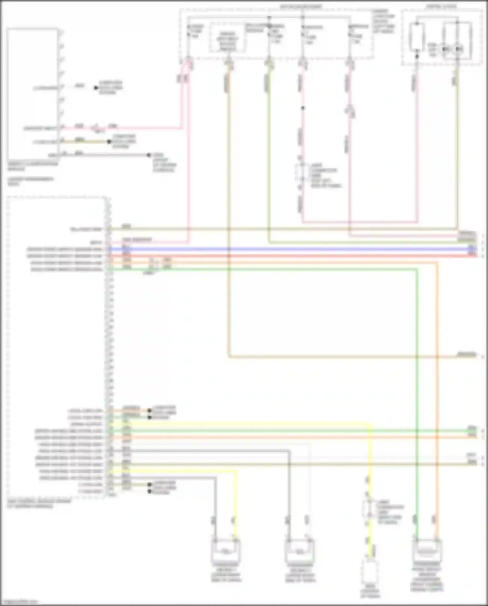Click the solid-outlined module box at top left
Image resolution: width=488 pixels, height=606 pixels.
point(33,94)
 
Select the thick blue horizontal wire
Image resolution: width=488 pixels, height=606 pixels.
point(293,249)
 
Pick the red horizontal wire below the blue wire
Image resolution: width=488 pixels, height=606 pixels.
point(293,256)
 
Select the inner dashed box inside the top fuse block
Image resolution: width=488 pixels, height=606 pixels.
point(227,37)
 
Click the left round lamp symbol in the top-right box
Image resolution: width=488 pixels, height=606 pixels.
point(446,49)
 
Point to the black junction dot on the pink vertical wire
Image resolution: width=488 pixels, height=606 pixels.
point(303,108)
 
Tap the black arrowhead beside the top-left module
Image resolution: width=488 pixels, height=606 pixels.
point(96,88)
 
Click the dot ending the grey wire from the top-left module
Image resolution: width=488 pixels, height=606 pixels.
point(149,155)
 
